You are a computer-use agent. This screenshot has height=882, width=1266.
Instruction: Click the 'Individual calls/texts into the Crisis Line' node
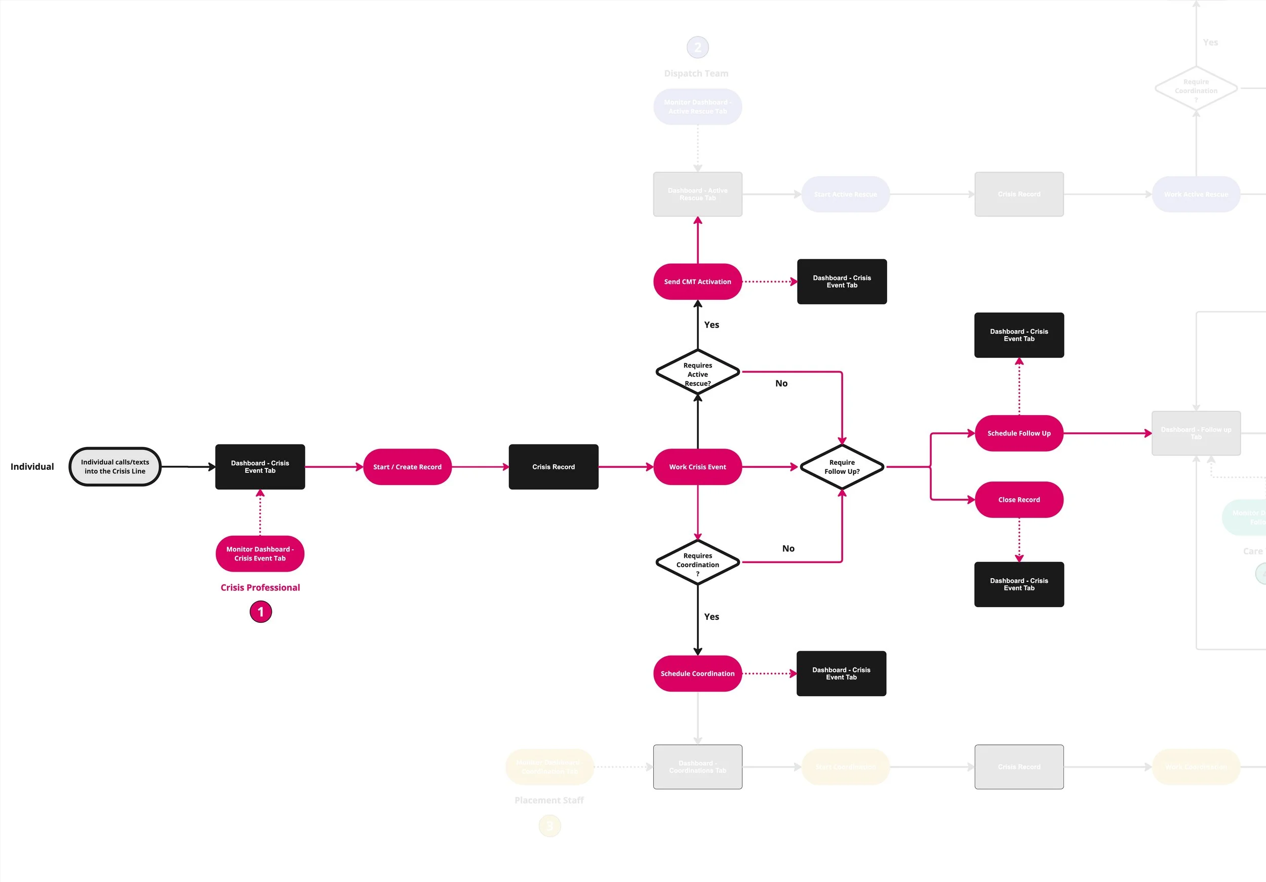coord(114,466)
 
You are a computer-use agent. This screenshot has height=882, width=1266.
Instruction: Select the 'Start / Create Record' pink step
coord(407,467)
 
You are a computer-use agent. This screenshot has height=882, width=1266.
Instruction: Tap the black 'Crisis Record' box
coord(553,467)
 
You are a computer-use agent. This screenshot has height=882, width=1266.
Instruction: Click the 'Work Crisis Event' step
coord(697,467)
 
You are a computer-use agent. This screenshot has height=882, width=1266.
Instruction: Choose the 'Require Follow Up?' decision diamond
coord(842,467)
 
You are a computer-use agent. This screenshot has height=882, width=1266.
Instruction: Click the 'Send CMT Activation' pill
coord(697,282)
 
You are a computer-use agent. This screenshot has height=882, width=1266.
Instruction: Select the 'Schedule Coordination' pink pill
coord(697,673)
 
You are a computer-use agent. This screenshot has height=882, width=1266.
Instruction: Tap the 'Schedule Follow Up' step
coord(1018,433)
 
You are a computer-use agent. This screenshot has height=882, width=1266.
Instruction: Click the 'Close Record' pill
coord(1018,499)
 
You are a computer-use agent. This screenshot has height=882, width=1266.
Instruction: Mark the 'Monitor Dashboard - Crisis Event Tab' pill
coord(260,553)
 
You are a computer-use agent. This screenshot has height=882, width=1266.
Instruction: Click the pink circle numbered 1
coord(261,612)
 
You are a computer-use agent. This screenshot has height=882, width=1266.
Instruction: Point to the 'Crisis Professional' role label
coord(260,588)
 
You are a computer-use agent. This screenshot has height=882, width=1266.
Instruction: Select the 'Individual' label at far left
coord(32,467)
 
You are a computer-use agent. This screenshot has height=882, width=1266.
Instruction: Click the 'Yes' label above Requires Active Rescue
coord(711,325)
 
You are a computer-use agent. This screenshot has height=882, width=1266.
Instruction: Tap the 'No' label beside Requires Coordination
coord(788,548)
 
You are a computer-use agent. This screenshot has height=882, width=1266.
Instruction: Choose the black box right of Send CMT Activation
coord(842,282)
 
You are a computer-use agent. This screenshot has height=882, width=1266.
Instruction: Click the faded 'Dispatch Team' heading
coord(696,73)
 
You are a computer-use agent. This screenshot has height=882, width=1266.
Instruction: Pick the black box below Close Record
coord(1018,584)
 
